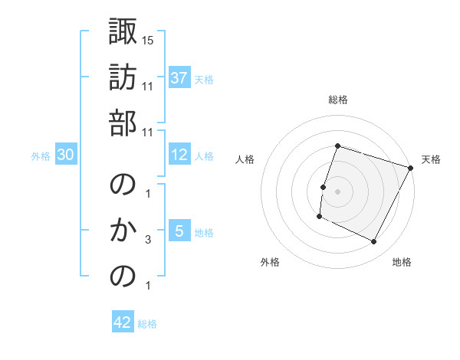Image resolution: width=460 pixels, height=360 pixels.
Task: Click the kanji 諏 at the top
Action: click(x=123, y=31)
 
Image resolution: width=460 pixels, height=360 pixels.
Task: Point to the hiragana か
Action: click(x=123, y=230)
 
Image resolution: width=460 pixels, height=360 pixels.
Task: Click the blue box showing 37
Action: click(x=179, y=78)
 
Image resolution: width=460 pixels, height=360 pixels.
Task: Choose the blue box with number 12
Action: click(x=179, y=155)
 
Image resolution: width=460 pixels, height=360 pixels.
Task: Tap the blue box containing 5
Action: click(x=179, y=232)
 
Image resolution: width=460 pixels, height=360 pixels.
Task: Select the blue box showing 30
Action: click(x=66, y=155)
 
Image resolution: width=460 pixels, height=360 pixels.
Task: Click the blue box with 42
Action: click(x=123, y=323)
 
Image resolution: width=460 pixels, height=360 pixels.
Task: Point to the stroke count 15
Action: click(x=149, y=39)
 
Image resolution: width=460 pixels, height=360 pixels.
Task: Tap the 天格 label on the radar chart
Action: click(x=431, y=159)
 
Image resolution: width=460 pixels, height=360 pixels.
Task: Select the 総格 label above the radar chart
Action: click(x=337, y=100)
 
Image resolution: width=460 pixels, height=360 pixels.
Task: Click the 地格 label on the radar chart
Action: click(x=402, y=262)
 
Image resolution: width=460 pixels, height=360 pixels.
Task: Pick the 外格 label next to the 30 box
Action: click(x=41, y=156)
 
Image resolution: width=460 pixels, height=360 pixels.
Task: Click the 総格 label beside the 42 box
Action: click(x=147, y=324)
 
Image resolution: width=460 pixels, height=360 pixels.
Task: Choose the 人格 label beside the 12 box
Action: click(x=204, y=156)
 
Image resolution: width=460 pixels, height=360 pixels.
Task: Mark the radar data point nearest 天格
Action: click(x=411, y=168)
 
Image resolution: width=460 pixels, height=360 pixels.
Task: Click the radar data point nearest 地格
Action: click(x=374, y=242)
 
